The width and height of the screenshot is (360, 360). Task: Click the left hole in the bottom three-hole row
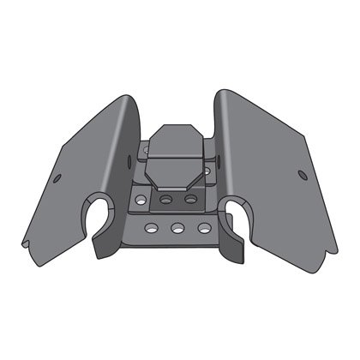pyautogui.click(x=151, y=229)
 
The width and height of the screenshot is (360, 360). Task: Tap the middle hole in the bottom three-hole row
pyautogui.click(x=177, y=230)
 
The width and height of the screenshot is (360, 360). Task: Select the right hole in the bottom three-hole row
pyautogui.click(x=203, y=229)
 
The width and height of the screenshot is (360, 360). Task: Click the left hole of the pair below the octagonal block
pyautogui.click(x=168, y=199)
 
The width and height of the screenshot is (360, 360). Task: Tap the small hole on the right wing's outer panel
pyautogui.click(x=302, y=175)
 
